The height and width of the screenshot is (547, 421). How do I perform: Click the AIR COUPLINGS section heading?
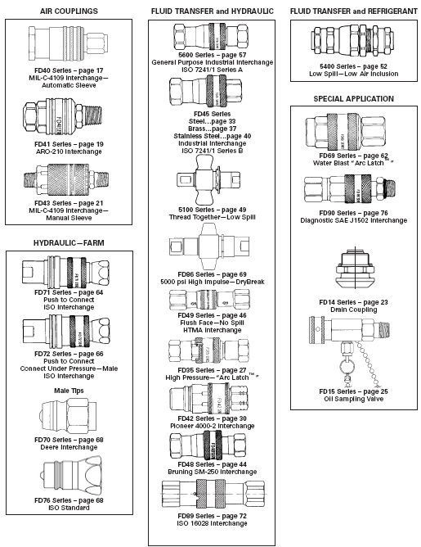pos(69,11)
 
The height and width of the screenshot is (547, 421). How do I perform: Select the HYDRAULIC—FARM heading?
pos(69,243)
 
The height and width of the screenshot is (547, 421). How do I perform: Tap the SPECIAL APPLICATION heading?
pos(353,99)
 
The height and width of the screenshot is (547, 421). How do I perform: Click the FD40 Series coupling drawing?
pos(68,43)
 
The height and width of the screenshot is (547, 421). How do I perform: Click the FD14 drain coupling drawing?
pos(355,269)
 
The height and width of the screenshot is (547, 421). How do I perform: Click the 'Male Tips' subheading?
pos(69,391)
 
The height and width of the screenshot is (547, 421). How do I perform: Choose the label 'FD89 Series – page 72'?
pos(212,516)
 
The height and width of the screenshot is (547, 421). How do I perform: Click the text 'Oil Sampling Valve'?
pos(353,399)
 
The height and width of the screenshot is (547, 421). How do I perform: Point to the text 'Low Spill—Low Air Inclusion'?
pos(353,74)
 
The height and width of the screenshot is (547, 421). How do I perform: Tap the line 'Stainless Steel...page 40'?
pos(213,136)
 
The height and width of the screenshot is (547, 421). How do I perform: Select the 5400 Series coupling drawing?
pos(352,42)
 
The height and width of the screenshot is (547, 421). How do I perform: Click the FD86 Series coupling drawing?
pos(209,246)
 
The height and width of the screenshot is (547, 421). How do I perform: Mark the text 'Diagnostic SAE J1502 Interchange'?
pos(353,220)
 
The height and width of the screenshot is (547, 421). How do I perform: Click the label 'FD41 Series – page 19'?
pos(69,144)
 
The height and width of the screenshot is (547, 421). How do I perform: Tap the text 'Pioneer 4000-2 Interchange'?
pos(212,426)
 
